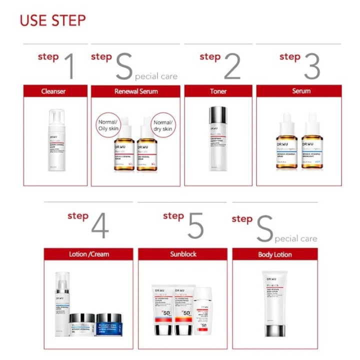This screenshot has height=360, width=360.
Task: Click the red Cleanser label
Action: point(53,91)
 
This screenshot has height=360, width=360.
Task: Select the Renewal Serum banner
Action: point(136,91)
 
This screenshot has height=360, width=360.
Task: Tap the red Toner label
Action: point(218,91)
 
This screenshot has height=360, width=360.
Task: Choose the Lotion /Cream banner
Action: point(89,254)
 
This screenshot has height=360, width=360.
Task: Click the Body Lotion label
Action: point(275,254)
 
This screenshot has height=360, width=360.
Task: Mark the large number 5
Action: point(195,227)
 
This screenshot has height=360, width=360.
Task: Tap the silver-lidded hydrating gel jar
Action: point(81,325)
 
